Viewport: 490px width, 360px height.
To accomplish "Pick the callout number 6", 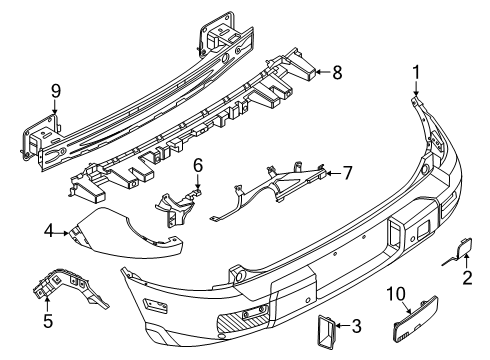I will pyautogui.click(x=199, y=163).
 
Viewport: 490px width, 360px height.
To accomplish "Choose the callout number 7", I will pyautogui.click(x=347, y=172).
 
